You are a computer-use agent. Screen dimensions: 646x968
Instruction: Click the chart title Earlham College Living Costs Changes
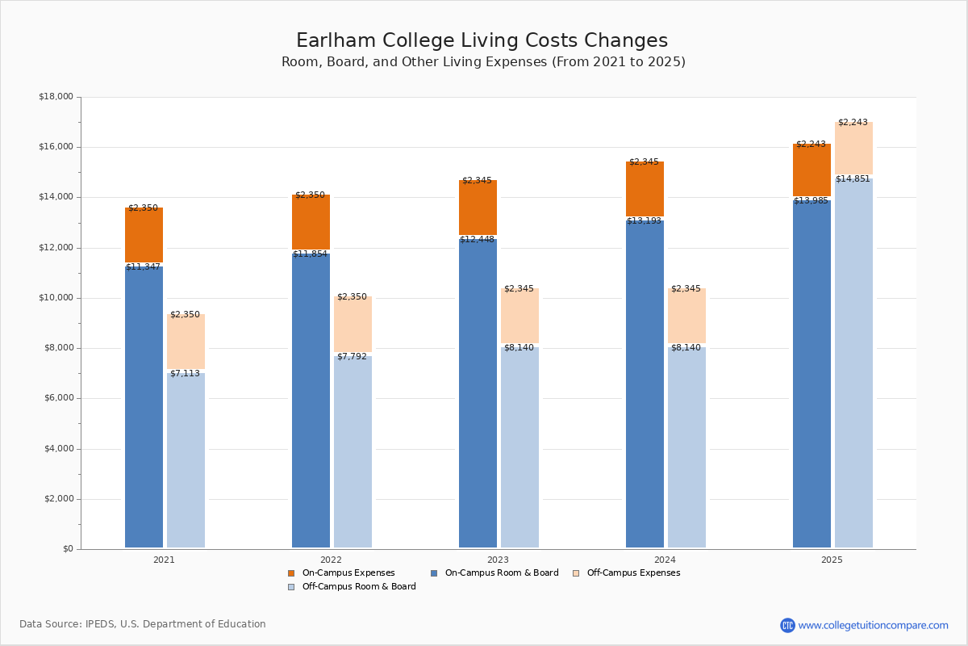click(x=482, y=41)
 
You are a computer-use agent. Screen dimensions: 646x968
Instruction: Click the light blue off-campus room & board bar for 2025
click(x=853, y=363)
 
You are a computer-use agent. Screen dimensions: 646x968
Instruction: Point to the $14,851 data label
click(x=853, y=179)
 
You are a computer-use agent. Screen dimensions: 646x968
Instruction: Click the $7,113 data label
click(x=185, y=374)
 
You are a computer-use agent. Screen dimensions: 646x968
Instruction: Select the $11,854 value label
click(x=311, y=254)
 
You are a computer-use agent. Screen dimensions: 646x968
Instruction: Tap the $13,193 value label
click(x=645, y=221)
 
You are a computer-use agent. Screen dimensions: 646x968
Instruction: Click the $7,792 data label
click(x=352, y=357)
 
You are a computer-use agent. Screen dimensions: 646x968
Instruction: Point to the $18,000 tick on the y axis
click(x=56, y=97)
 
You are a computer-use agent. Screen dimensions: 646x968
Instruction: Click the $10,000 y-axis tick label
click(x=56, y=298)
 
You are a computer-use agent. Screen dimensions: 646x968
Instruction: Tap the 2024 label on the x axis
click(x=665, y=560)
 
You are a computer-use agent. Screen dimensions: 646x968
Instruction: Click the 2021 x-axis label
click(x=164, y=560)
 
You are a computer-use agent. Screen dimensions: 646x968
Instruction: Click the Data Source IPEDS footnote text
click(x=143, y=624)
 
